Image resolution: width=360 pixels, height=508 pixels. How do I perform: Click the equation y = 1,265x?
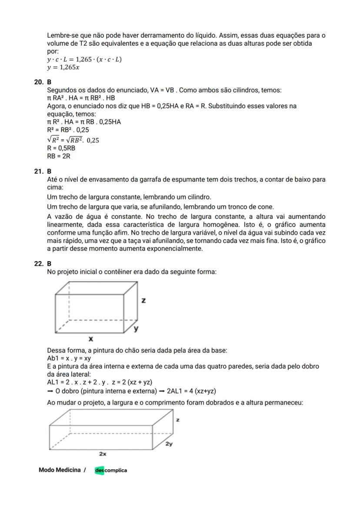click(63, 67)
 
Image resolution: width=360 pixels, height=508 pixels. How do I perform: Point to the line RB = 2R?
click(58, 156)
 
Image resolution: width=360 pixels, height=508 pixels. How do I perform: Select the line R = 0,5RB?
click(61, 148)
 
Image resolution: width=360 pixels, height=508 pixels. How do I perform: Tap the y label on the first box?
click(136, 329)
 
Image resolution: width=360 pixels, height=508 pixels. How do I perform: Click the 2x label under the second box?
click(103, 453)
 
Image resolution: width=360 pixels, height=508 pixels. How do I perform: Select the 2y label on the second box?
click(169, 444)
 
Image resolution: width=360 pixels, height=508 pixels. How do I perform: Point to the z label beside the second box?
click(178, 420)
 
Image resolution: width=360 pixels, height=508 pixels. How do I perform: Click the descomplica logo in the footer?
click(111, 470)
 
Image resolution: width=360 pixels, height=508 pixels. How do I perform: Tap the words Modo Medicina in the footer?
click(60, 470)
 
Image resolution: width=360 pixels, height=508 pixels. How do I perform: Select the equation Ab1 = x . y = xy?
click(69, 359)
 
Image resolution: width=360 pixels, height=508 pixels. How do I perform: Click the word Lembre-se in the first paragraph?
click(61, 36)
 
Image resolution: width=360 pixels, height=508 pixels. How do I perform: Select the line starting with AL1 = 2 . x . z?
click(99, 382)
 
